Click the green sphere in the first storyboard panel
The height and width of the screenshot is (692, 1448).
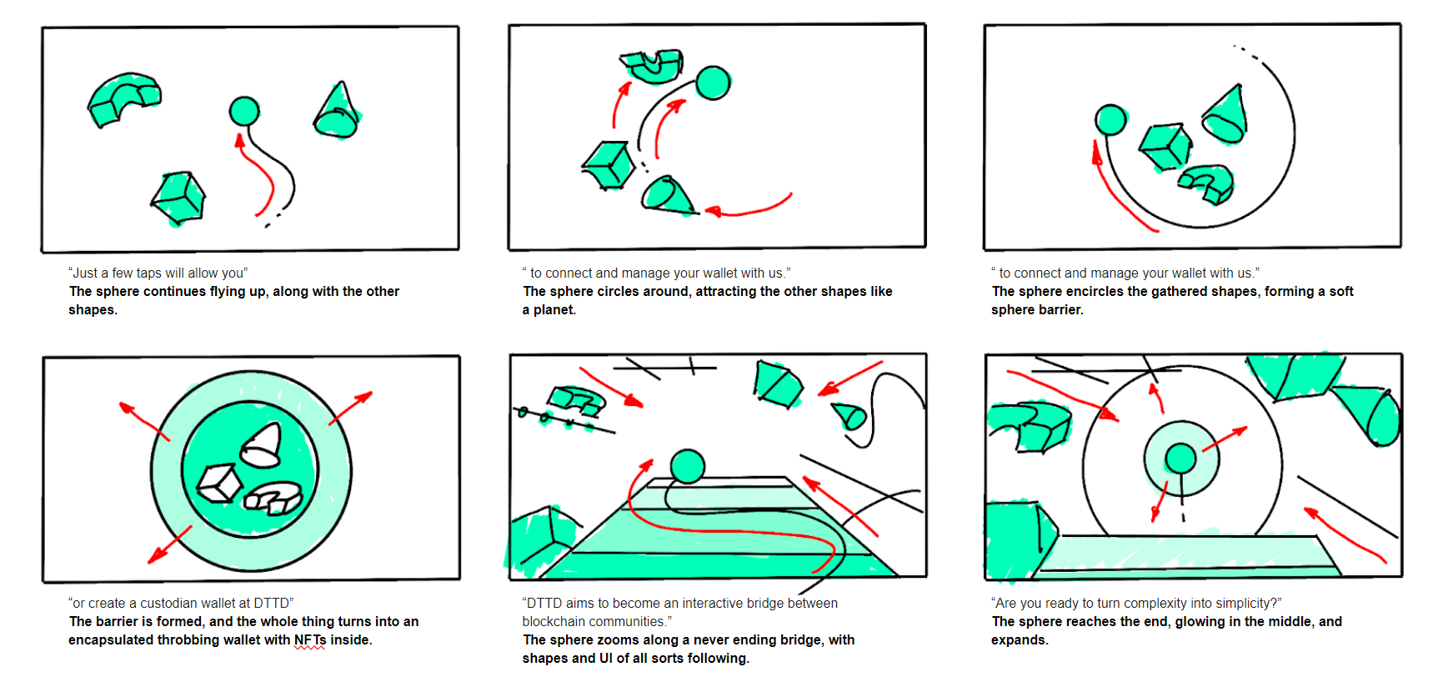pos(244,111)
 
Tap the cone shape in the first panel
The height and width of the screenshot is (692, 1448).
pos(338,112)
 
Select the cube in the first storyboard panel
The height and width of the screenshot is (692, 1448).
pos(179,198)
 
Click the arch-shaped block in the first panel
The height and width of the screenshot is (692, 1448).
pos(123,98)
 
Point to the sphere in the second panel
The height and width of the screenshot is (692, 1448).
pos(713,83)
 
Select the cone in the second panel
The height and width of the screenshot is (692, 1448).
pos(667,195)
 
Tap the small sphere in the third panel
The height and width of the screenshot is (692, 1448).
pos(1110,120)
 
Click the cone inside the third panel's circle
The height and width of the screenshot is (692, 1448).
pos(1226,115)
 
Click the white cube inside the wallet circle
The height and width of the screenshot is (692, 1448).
pos(219,483)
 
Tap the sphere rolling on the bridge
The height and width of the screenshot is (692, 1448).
pos(688,466)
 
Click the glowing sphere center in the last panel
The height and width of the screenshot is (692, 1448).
pos(1180,458)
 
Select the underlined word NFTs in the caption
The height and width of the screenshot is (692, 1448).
pos(310,640)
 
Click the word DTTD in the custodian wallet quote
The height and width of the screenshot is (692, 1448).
pos(271,603)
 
